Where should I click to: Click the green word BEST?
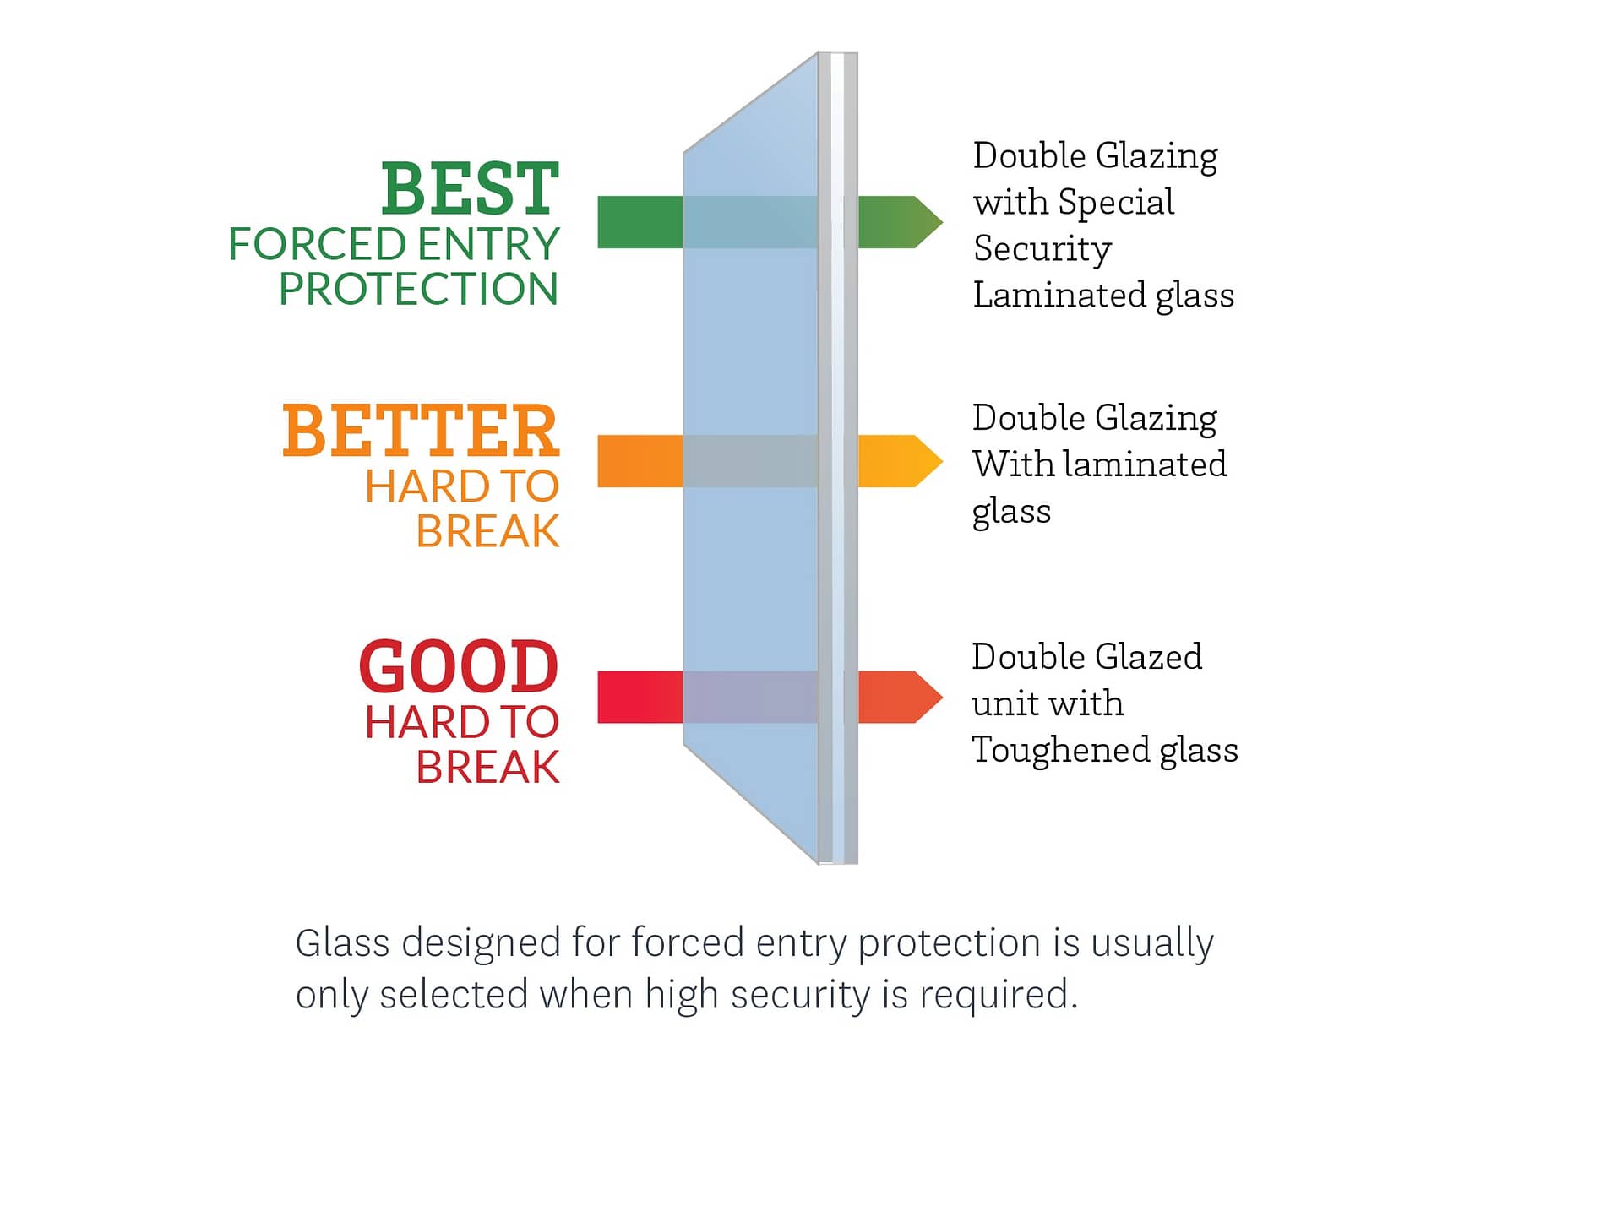point(470,189)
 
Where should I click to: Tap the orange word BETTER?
point(421,431)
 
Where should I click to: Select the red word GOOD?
point(459,666)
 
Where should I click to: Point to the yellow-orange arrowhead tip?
point(942,461)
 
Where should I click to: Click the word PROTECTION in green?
point(419,289)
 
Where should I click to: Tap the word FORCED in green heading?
point(317,244)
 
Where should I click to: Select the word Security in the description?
point(1042,249)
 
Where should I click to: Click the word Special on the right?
point(1116,203)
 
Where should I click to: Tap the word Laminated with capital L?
point(1059,296)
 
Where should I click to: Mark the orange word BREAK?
point(487,531)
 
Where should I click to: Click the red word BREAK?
point(487,767)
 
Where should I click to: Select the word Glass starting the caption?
point(343,942)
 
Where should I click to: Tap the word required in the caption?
point(999,995)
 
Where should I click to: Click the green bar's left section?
point(640,222)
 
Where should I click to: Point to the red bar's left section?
point(640,697)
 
